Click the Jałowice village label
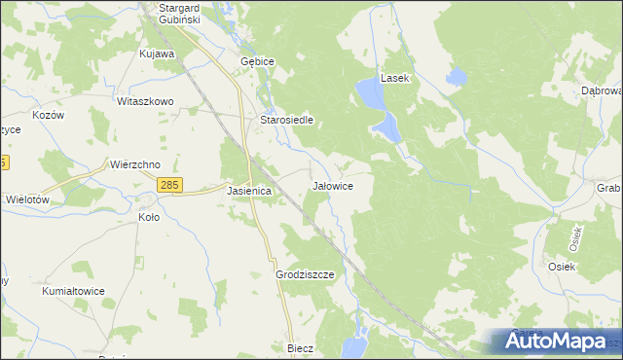click(x=332, y=185)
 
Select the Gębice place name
click(x=258, y=60)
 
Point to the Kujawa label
click(x=157, y=54)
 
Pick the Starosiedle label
click(x=285, y=121)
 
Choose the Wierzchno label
click(x=134, y=164)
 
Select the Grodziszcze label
click(x=305, y=275)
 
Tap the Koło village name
click(x=149, y=218)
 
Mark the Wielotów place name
click(x=27, y=198)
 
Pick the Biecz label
click(x=299, y=347)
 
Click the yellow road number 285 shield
click(x=169, y=185)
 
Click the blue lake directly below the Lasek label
click(x=370, y=93)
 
